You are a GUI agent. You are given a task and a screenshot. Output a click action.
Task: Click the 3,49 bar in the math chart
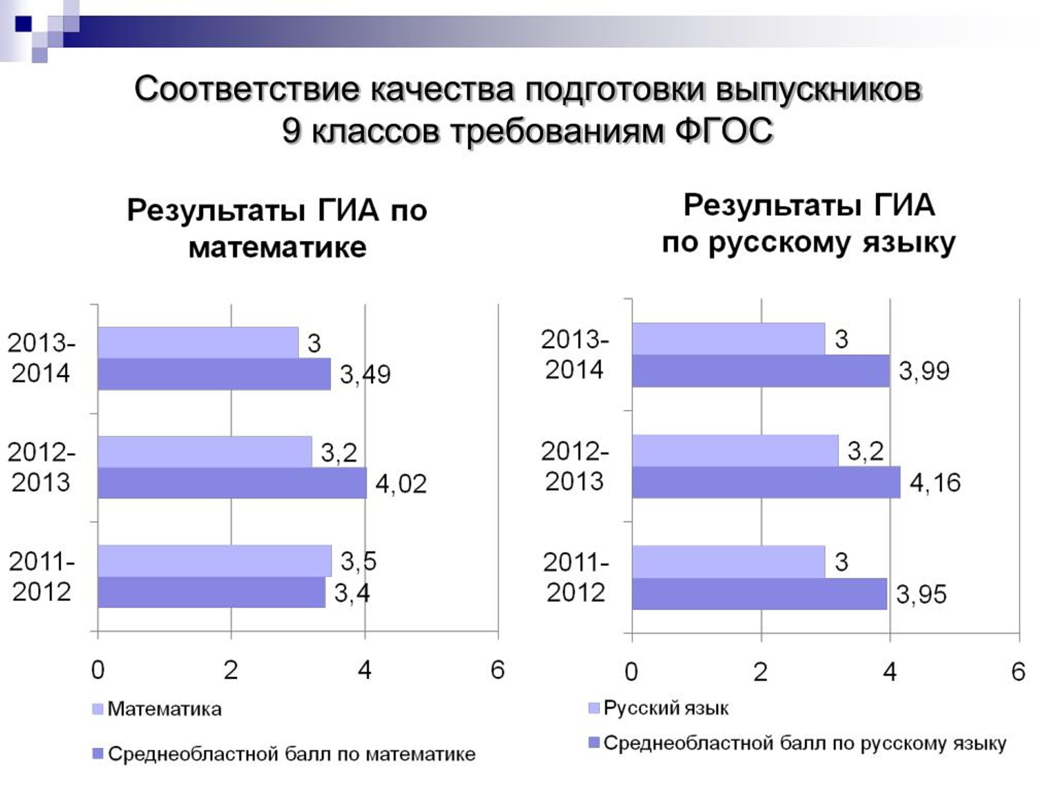pos(214,374)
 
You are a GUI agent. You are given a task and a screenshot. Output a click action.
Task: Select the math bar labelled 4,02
pos(232,482)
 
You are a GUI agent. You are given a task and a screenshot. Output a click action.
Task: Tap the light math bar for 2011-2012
pos(215,561)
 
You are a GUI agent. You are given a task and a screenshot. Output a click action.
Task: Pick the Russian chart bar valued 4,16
pos(766,482)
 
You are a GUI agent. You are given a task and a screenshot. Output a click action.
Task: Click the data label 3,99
pos(924,371)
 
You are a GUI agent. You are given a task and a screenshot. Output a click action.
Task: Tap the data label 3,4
pos(352,593)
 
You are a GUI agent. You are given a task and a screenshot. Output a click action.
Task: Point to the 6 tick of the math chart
pos(497,670)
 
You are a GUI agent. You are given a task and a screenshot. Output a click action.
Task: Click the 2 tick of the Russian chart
pos(761,672)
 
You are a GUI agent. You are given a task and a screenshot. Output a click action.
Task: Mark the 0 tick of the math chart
pos(98,670)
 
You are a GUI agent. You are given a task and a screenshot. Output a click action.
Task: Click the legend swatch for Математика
pos(97,709)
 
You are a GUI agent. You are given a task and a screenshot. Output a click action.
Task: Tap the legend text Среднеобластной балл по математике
pos(292,754)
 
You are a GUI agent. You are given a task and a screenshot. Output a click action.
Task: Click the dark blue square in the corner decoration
pos(23,24)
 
